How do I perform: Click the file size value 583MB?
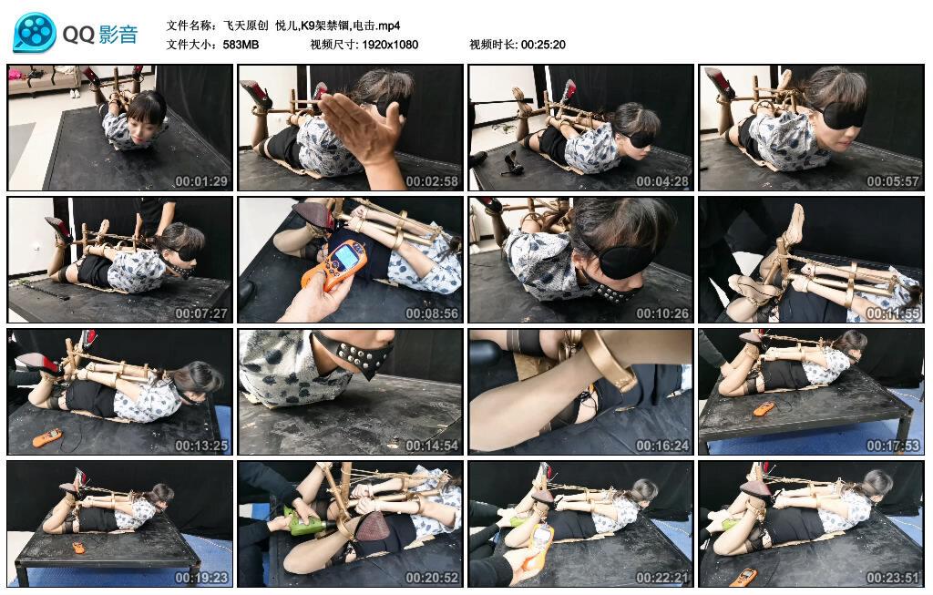241,45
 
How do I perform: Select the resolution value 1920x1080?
390,45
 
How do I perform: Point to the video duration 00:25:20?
543,45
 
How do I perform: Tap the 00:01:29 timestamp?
201,181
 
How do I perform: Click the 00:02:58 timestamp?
432,181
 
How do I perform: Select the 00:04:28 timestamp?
662,181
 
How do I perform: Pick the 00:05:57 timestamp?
893,181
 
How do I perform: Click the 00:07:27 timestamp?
201,313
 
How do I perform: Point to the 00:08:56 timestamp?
432,313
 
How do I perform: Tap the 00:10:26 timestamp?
662,313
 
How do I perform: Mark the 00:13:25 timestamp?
201,446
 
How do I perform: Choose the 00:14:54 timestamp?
432,446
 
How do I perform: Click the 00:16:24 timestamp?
662,446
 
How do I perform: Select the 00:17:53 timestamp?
893,446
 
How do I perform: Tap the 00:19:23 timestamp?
201,578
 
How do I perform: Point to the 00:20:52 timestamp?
432,578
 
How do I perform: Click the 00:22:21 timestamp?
662,578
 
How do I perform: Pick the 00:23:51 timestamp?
893,578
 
